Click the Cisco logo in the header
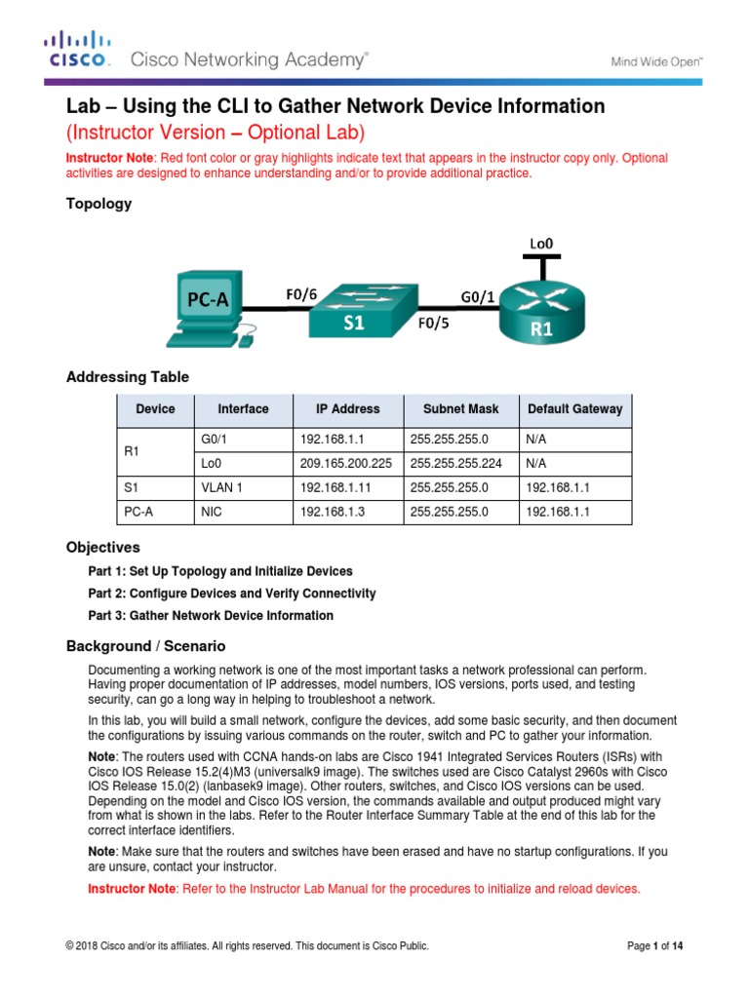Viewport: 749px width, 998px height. (x=78, y=50)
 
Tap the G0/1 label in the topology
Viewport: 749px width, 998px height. (x=476, y=295)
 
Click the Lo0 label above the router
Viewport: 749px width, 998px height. (x=542, y=240)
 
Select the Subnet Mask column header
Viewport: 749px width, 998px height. (x=460, y=409)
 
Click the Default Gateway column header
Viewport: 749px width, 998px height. (x=574, y=409)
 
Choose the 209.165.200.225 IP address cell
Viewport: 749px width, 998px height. (x=345, y=464)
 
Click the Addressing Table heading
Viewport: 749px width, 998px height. (x=127, y=377)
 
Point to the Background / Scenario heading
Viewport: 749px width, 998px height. (x=145, y=646)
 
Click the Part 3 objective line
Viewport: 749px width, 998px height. (x=211, y=616)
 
